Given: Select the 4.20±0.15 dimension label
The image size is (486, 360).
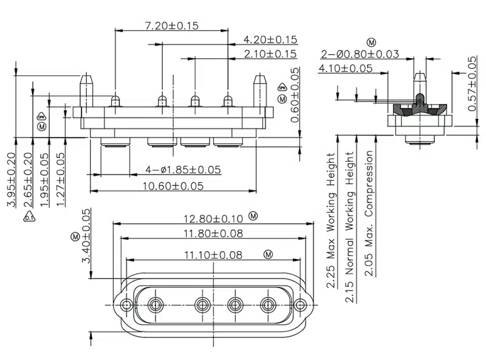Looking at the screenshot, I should point(270,40).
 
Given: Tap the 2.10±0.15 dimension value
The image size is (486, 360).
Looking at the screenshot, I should point(270,54).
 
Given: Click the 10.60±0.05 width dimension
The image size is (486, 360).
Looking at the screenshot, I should point(173,185).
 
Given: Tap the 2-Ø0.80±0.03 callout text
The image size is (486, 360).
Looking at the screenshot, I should point(360,54).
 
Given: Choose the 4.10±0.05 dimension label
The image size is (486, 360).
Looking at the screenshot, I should point(345,68).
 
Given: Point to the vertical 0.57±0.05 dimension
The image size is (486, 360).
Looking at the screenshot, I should point(473,83).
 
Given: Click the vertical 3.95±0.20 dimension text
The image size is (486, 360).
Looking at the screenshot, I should point(11,179).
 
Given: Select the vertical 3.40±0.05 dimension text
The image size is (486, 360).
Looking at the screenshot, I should point(86,236).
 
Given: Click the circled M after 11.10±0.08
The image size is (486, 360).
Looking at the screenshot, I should point(268,254).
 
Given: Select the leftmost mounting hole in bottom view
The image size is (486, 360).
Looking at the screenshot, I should point(126,304).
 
